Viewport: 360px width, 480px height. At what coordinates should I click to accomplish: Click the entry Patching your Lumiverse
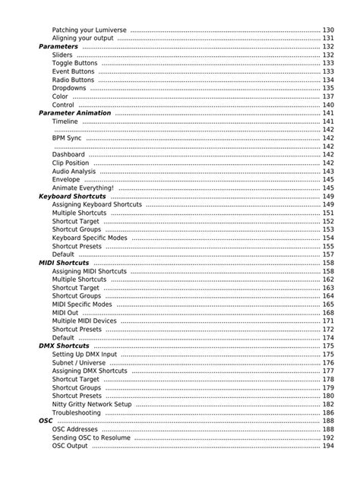click(x=89, y=30)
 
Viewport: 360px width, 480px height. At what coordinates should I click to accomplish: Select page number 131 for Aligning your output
click(x=327, y=38)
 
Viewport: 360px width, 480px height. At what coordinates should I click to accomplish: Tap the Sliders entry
click(x=63, y=55)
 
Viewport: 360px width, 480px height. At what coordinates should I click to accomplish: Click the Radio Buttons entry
click(x=74, y=80)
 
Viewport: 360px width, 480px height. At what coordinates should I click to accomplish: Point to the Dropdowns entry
click(x=69, y=88)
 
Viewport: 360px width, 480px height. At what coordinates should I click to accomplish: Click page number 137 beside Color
click(x=327, y=96)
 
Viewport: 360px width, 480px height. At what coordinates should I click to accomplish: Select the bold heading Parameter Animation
click(x=74, y=113)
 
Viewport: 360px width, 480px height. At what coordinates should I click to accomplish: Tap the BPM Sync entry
click(x=67, y=138)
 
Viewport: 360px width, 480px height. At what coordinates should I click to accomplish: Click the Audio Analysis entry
click(x=74, y=172)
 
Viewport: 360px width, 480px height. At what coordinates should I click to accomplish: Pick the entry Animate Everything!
click(x=83, y=188)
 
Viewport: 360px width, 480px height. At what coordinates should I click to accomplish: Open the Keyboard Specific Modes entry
click(x=90, y=238)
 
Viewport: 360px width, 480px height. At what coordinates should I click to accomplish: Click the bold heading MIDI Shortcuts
click(x=64, y=263)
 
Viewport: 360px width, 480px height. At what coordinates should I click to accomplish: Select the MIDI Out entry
click(x=65, y=313)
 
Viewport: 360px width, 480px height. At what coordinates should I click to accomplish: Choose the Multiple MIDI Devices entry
click(x=84, y=321)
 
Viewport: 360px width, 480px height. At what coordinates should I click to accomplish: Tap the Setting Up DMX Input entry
click(x=84, y=354)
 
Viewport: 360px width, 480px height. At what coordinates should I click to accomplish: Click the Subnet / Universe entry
click(x=79, y=362)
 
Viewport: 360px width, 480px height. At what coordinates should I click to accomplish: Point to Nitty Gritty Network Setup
click(x=92, y=404)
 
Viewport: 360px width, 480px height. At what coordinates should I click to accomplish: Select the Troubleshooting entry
click(x=76, y=412)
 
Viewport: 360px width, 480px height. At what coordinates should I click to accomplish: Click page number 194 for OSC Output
click(x=327, y=446)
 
